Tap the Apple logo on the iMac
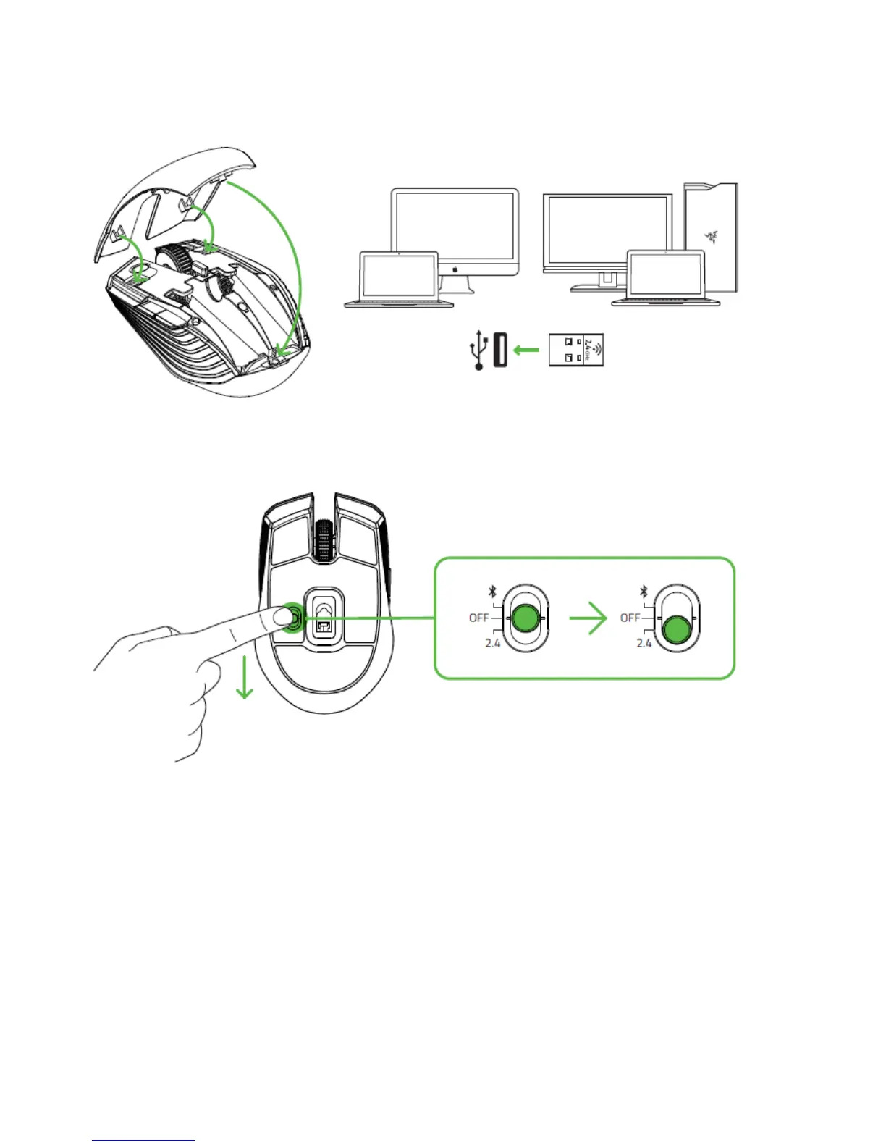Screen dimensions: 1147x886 tap(455, 268)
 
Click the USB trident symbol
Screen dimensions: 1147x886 tap(478, 350)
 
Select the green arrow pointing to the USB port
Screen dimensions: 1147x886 tap(526, 350)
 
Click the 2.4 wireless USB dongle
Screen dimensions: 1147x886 tap(575, 350)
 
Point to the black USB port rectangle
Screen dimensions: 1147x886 tap(499, 350)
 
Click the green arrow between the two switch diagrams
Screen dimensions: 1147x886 tap(588, 618)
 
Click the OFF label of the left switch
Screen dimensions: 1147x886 tap(478, 618)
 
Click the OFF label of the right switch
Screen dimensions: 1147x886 tap(630, 618)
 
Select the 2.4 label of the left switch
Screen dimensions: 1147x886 tap(492, 642)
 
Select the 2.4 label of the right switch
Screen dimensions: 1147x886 tap(644, 642)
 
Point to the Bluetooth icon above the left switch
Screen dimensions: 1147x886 tap(491, 592)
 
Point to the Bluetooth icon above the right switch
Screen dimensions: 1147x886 tap(643, 592)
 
